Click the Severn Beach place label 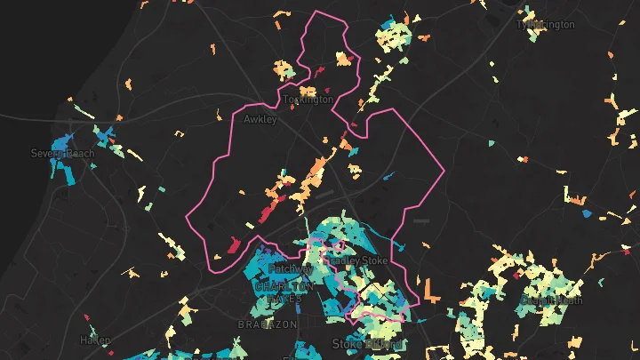tap(62, 153)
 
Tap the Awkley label tap(260, 118)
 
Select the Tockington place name tap(308, 100)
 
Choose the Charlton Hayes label tap(284, 293)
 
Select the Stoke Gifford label tap(367, 343)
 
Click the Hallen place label tap(95, 340)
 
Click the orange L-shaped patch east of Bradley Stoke tap(431, 291)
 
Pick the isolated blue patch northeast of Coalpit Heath tap(586, 213)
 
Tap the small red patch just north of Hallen tap(87, 316)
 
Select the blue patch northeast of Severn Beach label tap(107, 135)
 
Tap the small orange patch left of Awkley tap(219, 113)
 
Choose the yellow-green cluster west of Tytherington tap(394, 36)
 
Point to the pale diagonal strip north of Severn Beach tap(84, 113)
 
